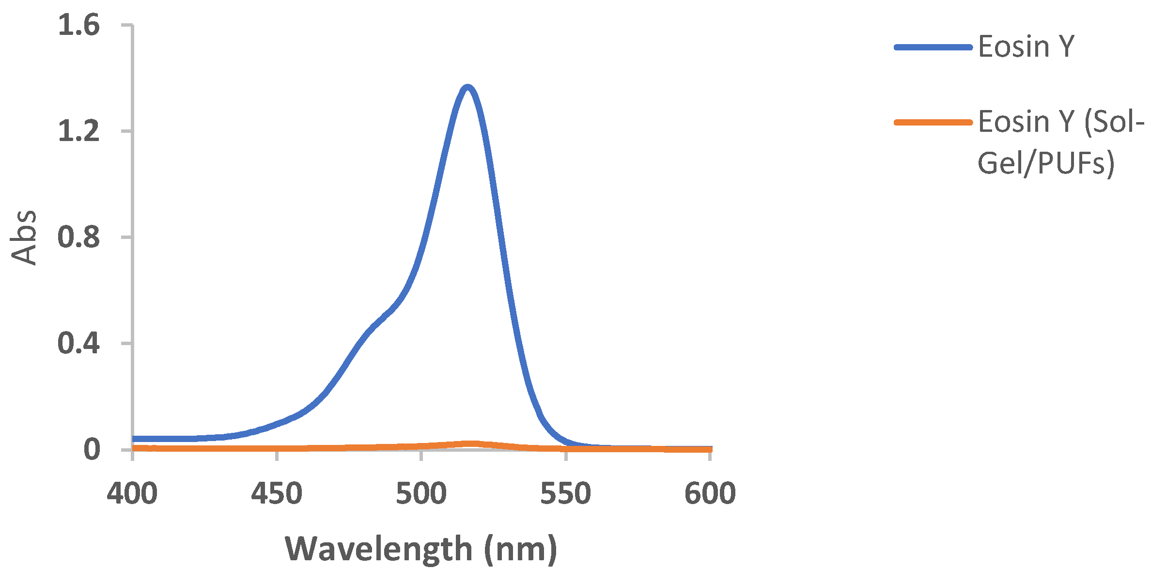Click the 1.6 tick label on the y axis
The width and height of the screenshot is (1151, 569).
tap(78, 25)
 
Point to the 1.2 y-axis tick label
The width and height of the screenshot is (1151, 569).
tap(78, 131)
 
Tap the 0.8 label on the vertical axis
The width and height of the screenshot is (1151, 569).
tap(78, 237)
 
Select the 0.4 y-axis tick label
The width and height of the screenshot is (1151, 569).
tap(78, 343)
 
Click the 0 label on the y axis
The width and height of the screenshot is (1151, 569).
tap(92, 449)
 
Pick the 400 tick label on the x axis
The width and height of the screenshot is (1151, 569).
tap(132, 493)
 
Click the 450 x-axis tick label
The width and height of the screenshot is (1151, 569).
tap(277, 493)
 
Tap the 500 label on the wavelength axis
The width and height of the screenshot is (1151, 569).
tap(421, 493)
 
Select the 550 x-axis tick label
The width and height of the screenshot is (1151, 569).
tap(565, 493)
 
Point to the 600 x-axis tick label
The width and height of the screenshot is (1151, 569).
tap(710, 493)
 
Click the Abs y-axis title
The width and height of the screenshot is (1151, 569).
tap(23, 237)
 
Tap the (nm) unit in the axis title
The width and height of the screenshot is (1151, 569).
tap(521, 549)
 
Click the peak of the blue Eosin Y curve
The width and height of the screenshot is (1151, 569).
tap(467, 88)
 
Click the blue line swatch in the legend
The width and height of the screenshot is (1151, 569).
tap(933, 47)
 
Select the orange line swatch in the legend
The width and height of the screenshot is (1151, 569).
tap(933, 122)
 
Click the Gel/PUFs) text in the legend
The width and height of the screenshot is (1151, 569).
tap(1045, 163)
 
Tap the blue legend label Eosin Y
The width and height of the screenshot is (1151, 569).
tap(1026, 47)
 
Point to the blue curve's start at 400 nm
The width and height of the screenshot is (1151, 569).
tap(134, 439)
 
